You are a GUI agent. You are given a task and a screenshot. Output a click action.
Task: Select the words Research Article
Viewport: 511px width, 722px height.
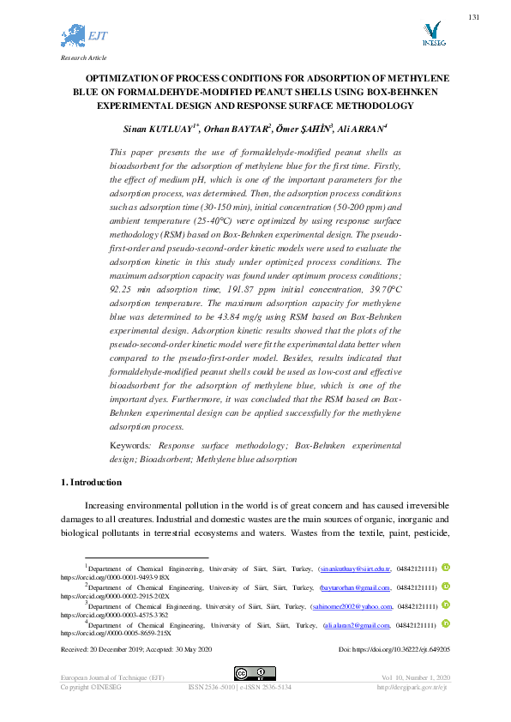point(83,57)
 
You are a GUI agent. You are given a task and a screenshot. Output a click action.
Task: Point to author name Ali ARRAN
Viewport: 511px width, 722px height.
point(364,129)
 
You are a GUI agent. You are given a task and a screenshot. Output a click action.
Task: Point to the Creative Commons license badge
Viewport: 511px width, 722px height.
point(255,674)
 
